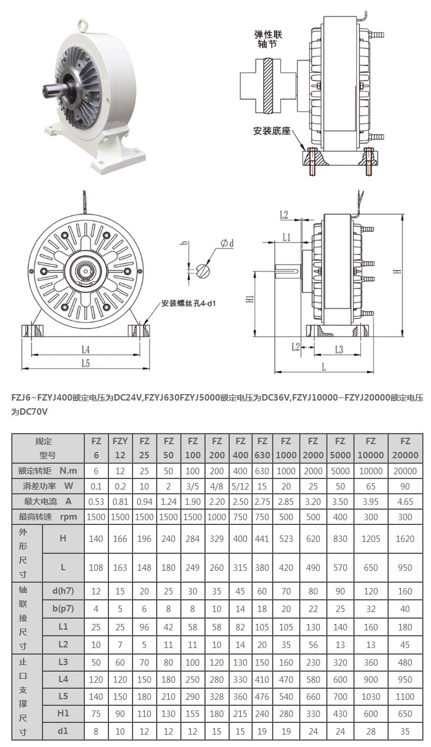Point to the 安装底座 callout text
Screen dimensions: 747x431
[272, 130]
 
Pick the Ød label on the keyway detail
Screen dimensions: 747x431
[227, 243]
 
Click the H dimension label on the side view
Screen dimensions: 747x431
[397, 272]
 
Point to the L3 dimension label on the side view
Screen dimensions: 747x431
[339, 349]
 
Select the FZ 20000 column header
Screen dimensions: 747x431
[405, 448]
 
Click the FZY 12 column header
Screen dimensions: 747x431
[120, 448]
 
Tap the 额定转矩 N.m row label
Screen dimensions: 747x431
[48, 471]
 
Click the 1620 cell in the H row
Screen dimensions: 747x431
[405, 538]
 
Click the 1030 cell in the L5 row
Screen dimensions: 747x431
[370, 696]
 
